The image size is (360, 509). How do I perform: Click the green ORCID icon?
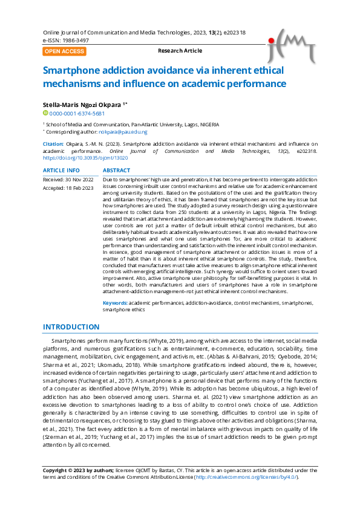[45, 113]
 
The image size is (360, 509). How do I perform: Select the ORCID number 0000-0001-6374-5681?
[77, 113]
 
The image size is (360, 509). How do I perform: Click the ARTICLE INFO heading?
[61, 170]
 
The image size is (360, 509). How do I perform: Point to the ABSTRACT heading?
[117, 170]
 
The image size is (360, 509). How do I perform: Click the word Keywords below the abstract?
[114, 302]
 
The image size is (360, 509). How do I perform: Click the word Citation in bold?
[53, 144]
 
